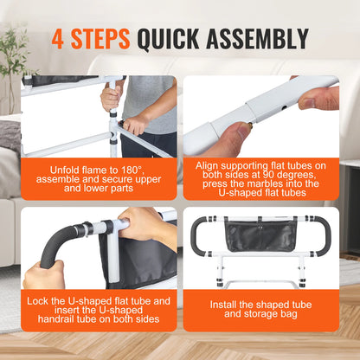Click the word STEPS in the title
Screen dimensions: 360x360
pos(101,38)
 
